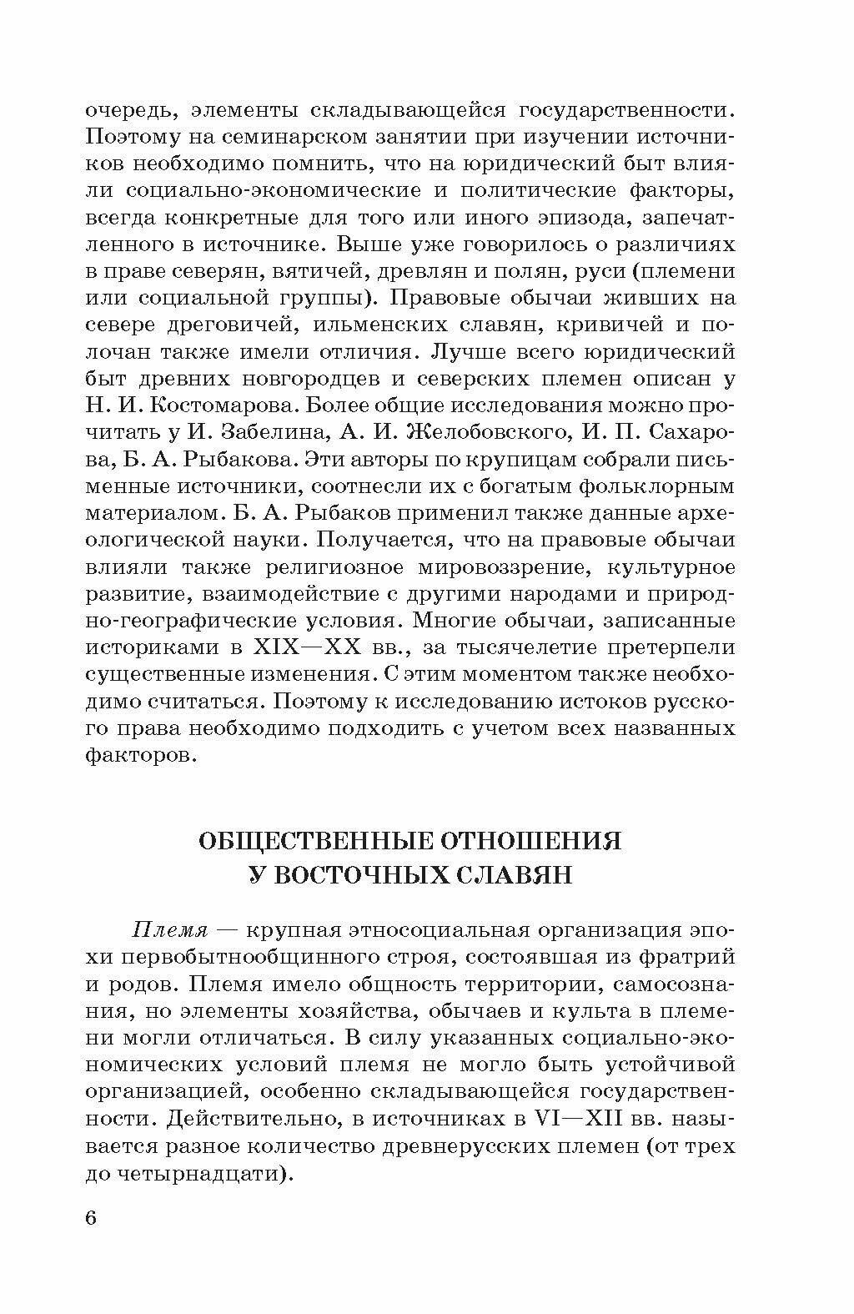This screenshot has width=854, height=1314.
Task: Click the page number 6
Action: (91, 1217)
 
